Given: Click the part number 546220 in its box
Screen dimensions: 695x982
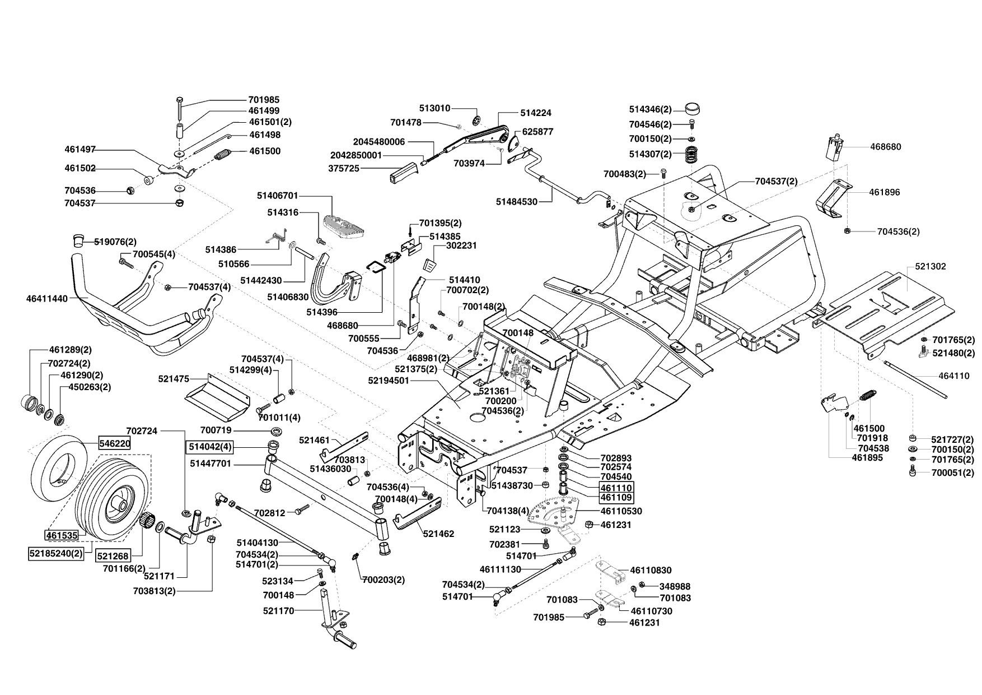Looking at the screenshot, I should pos(115,443).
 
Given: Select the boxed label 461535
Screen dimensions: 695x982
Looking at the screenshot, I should pos(62,535).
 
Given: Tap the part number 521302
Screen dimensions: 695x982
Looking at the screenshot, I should pos(930,266).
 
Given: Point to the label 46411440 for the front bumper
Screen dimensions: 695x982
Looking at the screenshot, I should pos(46,299).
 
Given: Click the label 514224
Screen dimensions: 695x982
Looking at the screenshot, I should pos(536,113).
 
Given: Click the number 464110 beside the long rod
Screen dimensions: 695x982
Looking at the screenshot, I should pos(954,376).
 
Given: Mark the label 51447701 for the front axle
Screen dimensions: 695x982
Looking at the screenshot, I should pos(211,464).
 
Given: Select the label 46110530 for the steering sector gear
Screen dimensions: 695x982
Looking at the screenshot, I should pos(621,511).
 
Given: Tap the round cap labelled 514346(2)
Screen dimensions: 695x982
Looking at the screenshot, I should pos(693,109).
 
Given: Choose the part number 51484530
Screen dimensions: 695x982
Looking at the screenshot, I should pos(517,202).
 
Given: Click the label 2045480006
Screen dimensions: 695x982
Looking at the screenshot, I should pos(379,142).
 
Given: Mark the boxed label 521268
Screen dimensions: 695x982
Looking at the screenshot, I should pos(113,555).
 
